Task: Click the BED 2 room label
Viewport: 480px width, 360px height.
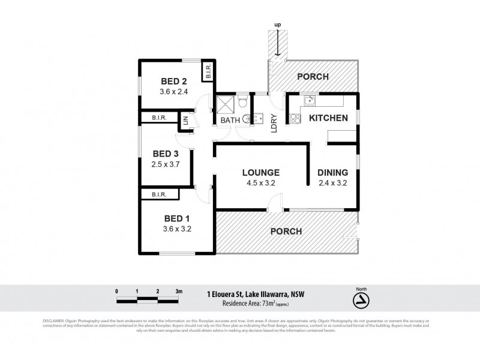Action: click(174, 82)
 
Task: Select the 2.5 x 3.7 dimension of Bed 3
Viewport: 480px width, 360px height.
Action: click(166, 163)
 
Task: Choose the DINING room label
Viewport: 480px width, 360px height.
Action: click(334, 172)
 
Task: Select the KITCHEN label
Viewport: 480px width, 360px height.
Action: click(328, 118)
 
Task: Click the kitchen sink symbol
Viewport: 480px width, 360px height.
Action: click(310, 100)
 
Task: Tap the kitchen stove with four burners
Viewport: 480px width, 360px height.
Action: click(295, 119)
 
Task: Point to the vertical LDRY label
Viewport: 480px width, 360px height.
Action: click(274, 122)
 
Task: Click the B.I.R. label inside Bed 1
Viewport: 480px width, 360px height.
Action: click(159, 194)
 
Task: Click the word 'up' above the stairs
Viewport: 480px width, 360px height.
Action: click(277, 25)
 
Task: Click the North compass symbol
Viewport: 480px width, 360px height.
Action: click(361, 299)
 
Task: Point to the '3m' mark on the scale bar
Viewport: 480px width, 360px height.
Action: click(178, 291)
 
